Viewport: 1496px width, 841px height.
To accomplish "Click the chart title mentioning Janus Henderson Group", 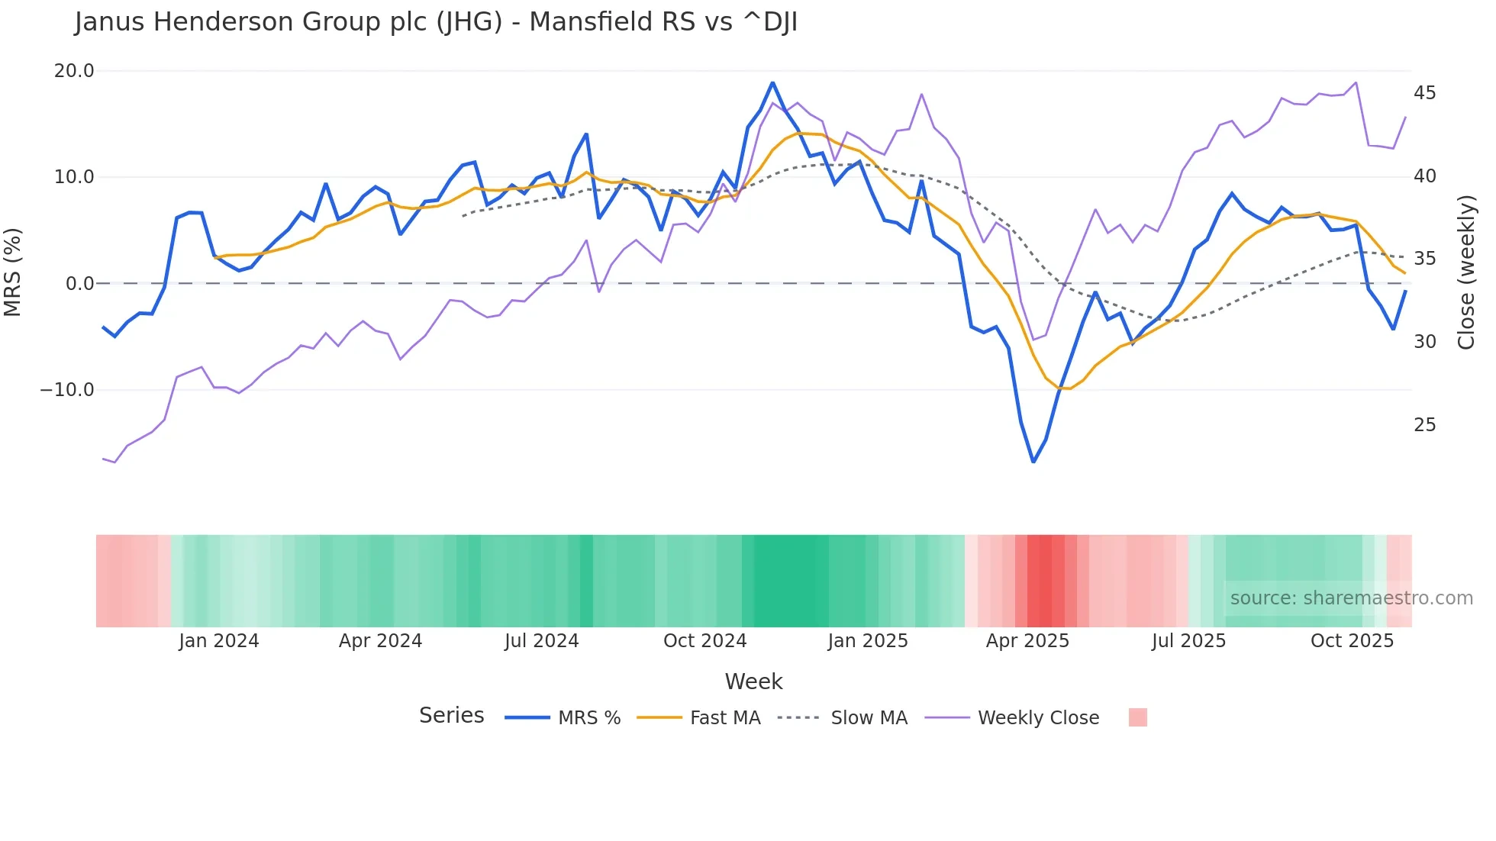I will [436, 22].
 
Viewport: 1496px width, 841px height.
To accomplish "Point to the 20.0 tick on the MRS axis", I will [74, 71].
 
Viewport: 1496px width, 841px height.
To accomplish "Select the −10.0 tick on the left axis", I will [67, 390].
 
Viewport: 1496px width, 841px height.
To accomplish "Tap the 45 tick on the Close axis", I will [1424, 93].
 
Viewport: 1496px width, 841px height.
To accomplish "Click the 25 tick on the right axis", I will [1424, 425].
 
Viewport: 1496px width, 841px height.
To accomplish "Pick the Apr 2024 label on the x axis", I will [380, 641].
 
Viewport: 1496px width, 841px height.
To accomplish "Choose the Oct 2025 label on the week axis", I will [1352, 641].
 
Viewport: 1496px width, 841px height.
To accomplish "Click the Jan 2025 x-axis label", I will [868, 641].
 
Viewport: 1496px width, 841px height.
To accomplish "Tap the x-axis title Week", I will [753, 681].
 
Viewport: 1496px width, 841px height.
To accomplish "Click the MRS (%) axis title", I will [13, 272].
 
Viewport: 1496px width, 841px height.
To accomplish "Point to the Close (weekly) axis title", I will [1466, 272].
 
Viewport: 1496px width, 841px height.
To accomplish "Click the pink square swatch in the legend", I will [1137, 717].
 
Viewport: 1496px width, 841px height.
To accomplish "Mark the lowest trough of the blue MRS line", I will [1033, 462].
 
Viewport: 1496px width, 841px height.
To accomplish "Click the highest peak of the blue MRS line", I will [772, 82].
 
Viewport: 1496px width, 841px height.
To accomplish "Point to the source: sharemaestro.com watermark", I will [1351, 598].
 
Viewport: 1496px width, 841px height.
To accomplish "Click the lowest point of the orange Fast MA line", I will [1064, 388].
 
